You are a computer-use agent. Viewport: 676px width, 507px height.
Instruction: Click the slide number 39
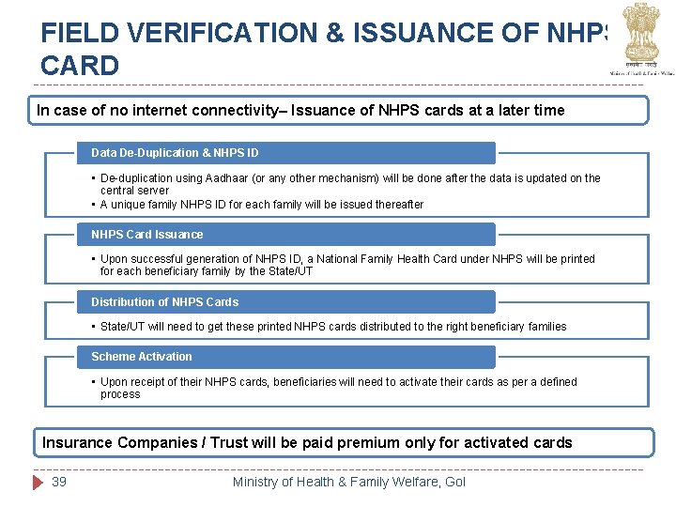59,482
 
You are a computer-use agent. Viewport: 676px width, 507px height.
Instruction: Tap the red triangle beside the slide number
38,482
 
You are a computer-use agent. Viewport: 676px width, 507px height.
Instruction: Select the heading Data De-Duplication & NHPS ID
175,152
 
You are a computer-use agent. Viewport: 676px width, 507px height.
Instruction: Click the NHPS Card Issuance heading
146,234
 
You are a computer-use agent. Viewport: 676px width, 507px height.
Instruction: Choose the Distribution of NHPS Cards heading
164,301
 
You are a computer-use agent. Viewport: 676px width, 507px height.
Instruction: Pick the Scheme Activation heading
141,356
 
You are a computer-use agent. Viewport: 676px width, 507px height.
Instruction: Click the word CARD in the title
80,66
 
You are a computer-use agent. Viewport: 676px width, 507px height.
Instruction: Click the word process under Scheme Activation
120,394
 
